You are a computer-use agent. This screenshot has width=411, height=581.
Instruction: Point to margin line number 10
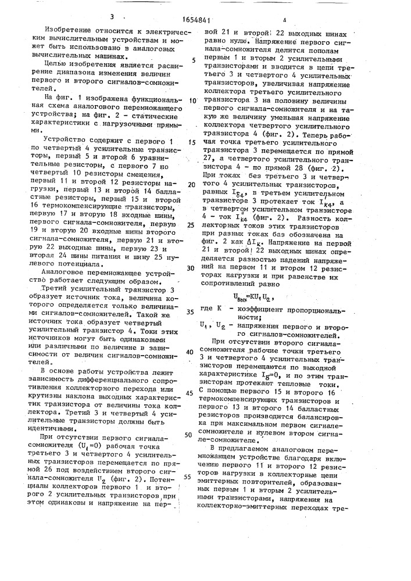(x=192, y=100)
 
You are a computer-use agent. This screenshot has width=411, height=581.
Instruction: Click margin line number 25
(x=192, y=225)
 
